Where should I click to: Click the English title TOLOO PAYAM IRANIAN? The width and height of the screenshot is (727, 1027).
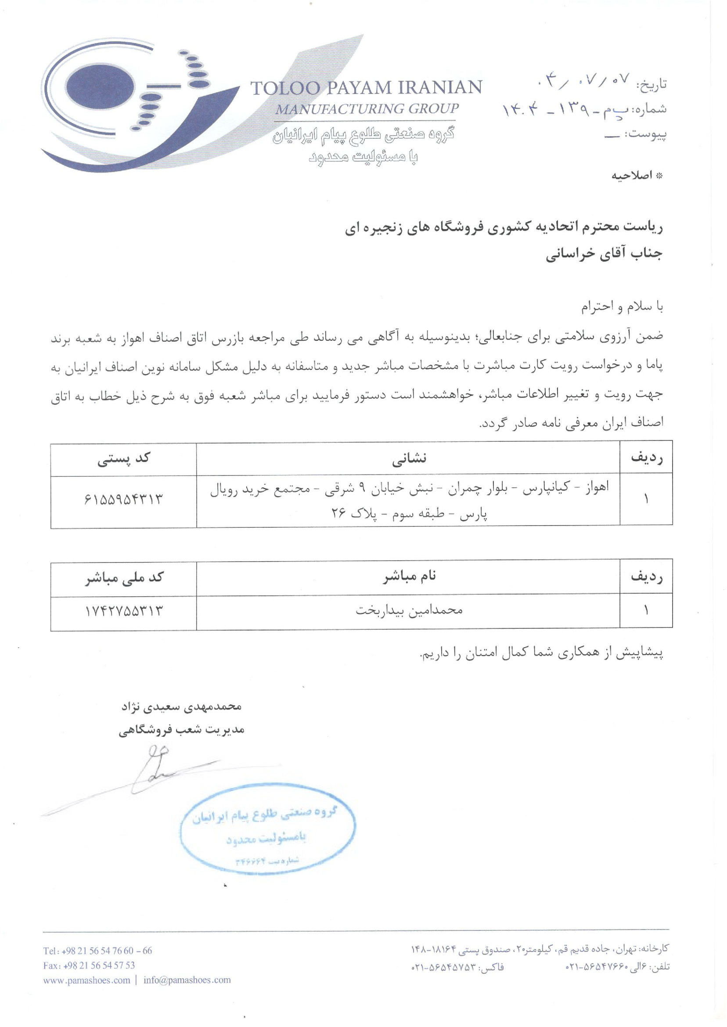[366, 87]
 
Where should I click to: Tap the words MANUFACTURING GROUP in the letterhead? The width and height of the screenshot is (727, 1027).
[367, 109]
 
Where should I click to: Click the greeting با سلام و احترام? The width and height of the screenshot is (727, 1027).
[622, 306]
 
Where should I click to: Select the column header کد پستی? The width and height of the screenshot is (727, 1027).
[123, 459]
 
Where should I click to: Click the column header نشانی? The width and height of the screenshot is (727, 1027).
[409, 458]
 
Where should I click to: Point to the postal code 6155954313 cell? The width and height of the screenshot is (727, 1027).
[123, 499]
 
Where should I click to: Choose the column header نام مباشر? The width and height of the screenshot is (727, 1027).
[409, 577]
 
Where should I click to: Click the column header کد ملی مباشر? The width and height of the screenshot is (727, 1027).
[124, 578]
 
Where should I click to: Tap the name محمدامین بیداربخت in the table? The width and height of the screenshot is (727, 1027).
[409, 610]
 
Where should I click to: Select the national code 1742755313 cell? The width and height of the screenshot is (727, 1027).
[124, 611]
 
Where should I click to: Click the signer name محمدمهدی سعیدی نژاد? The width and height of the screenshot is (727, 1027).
[181, 706]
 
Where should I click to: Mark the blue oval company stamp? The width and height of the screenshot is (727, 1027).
[268, 829]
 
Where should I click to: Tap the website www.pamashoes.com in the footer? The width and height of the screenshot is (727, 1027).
[86, 980]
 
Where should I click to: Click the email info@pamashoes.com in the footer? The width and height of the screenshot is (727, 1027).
[187, 980]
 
